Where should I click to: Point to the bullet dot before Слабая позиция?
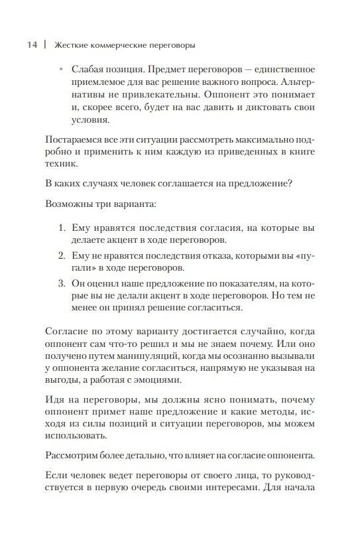[x=60, y=70]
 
